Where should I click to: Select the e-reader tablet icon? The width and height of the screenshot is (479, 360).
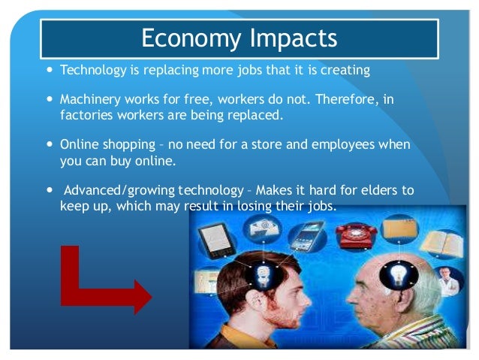(x=215, y=242)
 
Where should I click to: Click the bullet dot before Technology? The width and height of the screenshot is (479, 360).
(x=50, y=71)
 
